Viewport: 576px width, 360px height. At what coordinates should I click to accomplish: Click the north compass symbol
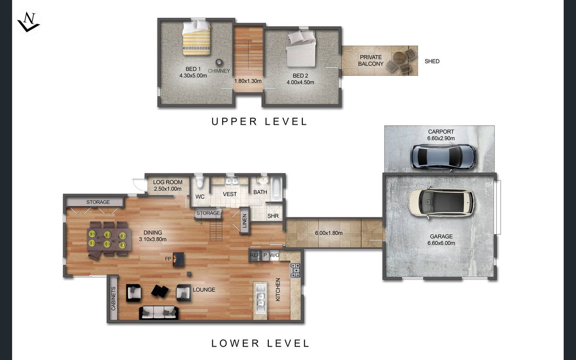pyautogui.click(x=28, y=22)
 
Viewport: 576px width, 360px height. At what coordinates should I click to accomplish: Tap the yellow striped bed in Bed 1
pyautogui.click(x=197, y=38)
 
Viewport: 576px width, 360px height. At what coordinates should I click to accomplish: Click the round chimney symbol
pyautogui.click(x=219, y=62)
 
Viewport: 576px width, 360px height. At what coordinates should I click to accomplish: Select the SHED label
pyautogui.click(x=432, y=61)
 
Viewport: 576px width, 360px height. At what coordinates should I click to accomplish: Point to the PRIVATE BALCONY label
pyautogui.click(x=371, y=60)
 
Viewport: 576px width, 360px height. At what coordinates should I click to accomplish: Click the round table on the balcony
pyautogui.click(x=399, y=59)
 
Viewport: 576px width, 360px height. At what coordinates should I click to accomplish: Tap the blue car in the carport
pyautogui.click(x=444, y=157)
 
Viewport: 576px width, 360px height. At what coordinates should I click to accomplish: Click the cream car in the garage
pyautogui.click(x=441, y=203)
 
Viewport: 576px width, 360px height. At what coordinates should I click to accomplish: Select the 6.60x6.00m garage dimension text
pyautogui.click(x=441, y=243)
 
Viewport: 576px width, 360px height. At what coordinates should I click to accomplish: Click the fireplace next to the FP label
pyautogui.click(x=178, y=259)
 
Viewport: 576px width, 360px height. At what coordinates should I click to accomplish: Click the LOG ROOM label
pyautogui.click(x=168, y=182)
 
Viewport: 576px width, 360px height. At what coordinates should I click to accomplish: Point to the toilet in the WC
pyautogui.click(x=200, y=181)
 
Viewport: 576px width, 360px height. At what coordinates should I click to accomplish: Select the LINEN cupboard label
pyautogui.click(x=244, y=221)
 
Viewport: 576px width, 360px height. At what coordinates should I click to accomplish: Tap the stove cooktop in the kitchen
pyautogui.click(x=295, y=270)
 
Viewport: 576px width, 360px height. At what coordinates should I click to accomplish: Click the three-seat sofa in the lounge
pyautogui.click(x=159, y=313)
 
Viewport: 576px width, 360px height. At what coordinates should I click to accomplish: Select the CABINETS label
pyautogui.click(x=113, y=299)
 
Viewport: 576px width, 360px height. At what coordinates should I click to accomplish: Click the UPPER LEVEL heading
pyautogui.click(x=259, y=121)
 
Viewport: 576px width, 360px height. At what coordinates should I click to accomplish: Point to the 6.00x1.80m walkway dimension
pyautogui.click(x=329, y=233)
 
